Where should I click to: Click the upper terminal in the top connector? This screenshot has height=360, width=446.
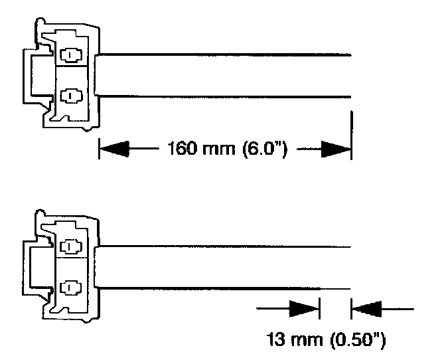[x=69, y=54]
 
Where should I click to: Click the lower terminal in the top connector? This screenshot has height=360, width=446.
[x=69, y=96]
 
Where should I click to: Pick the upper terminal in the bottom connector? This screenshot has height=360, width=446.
[x=69, y=247]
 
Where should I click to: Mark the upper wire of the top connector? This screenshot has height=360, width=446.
[x=226, y=55]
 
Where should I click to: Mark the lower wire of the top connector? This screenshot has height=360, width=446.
[x=226, y=99]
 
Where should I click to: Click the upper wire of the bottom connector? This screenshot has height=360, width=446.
[x=226, y=246]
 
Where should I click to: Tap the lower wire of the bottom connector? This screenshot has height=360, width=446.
[x=226, y=288]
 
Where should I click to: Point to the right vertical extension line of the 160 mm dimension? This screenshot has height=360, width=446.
[x=351, y=133]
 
